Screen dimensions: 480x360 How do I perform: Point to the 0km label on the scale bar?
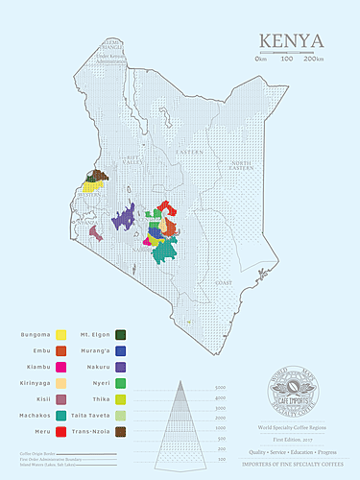coord(260,60)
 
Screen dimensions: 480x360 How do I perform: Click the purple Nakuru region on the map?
coord(123,220)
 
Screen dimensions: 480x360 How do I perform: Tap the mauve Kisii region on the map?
coord(96,232)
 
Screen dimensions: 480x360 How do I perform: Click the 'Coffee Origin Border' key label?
coord(38,451)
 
